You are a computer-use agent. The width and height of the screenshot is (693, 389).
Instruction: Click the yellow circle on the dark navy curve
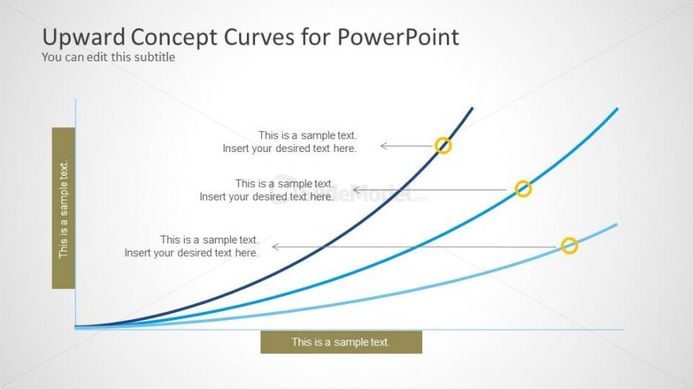(444, 146)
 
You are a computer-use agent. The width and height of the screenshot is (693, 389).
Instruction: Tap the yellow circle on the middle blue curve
(523, 189)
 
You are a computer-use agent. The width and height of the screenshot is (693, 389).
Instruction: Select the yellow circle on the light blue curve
(569, 246)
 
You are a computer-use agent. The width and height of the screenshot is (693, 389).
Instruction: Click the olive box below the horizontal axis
(341, 342)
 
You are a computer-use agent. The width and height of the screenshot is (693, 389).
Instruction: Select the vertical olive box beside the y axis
(64, 208)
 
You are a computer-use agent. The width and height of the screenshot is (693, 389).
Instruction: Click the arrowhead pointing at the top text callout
(384, 146)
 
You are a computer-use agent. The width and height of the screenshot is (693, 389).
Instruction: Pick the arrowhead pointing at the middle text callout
(356, 189)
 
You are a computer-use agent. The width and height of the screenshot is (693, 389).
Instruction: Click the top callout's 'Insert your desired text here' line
(289, 148)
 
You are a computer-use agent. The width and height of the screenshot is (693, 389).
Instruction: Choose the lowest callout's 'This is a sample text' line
(209, 239)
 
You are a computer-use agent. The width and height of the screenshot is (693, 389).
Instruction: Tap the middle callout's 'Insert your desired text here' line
(266, 196)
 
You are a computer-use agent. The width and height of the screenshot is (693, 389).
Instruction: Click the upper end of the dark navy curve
(472, 108)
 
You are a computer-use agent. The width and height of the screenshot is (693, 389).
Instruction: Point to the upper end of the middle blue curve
(617, 109)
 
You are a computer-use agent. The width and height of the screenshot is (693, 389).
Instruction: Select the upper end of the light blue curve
(616, 225)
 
